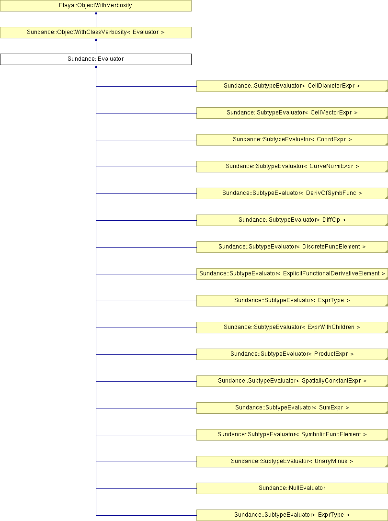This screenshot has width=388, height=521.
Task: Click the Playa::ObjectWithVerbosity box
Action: tap(96, 6)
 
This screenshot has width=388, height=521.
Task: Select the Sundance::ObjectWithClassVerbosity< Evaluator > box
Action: tap(96, 33)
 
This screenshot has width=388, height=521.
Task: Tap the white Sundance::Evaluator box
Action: tap(96, 59)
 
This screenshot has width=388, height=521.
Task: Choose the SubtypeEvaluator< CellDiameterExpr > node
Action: tap(292, 86)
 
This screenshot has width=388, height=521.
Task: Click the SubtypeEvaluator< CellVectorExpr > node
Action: tap(292, 113)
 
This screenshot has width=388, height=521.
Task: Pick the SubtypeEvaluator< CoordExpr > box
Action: tap(292, 139)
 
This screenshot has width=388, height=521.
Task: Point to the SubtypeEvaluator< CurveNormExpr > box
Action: tap(292, 167)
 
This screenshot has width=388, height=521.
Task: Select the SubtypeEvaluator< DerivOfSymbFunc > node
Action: tap(292, 193)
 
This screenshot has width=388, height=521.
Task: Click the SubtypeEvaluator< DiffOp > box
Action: tap(292, 220)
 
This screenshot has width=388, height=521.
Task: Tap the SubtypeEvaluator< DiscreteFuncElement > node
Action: tap(292, 247)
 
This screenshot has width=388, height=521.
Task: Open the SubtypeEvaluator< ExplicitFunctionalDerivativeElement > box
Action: tap(292, 274)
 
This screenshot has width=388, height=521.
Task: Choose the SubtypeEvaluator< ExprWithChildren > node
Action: tap(292, 328)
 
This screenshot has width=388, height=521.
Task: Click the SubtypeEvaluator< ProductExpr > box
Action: tap(292, 354)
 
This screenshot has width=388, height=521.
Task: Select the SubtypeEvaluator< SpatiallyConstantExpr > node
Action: tap(292, 381)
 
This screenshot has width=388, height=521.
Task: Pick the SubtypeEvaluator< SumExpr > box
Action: tap(292, 408)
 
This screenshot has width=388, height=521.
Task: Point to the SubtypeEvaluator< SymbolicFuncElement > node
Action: tap(292, 435)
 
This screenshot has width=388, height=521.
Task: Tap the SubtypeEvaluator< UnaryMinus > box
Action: tap(292, 462)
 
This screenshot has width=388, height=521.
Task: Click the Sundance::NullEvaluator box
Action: tap(292, 488)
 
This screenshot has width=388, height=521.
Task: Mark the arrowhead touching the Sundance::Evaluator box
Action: tap(96, 67)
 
